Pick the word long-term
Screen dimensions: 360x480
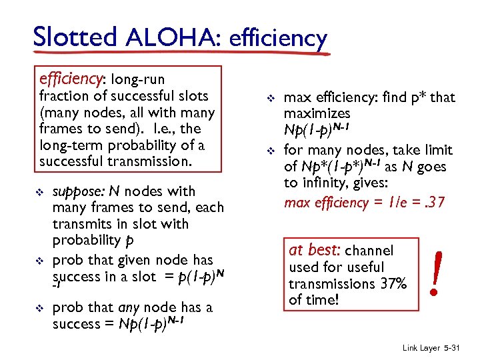coord(72,145)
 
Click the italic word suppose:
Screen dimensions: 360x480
coord(80,192)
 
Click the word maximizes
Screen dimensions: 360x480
coord(317,114)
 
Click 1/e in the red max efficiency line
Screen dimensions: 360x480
coord(387,202)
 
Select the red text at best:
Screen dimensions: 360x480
coord(314,251)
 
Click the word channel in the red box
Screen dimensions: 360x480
coord(369,251)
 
